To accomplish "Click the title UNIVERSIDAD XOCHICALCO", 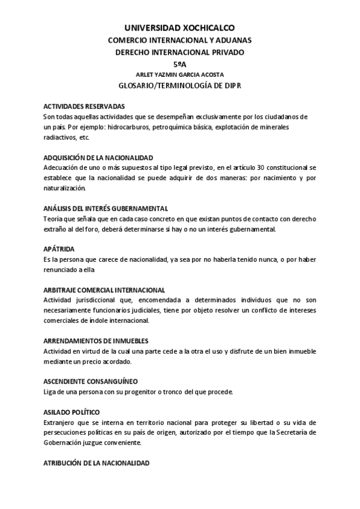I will pyautogui.click(x=179, y=28).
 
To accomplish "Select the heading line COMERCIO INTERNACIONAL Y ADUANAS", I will pyautogui.click(x=179, y=40).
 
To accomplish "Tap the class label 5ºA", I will pyautogui.click(x=179, y=64).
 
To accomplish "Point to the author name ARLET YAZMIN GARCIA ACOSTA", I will pyautogui.click(x=179, y=74).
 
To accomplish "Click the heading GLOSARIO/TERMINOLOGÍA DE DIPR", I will pyautogui.click(x=179, y=86).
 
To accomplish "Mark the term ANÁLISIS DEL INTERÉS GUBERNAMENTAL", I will pyautogui.click(x=106, y=208).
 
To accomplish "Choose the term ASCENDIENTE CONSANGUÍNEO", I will pyautogui.click(x=91, y=382).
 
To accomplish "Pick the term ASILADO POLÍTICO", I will pyautogui.click(x=71, y=412).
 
